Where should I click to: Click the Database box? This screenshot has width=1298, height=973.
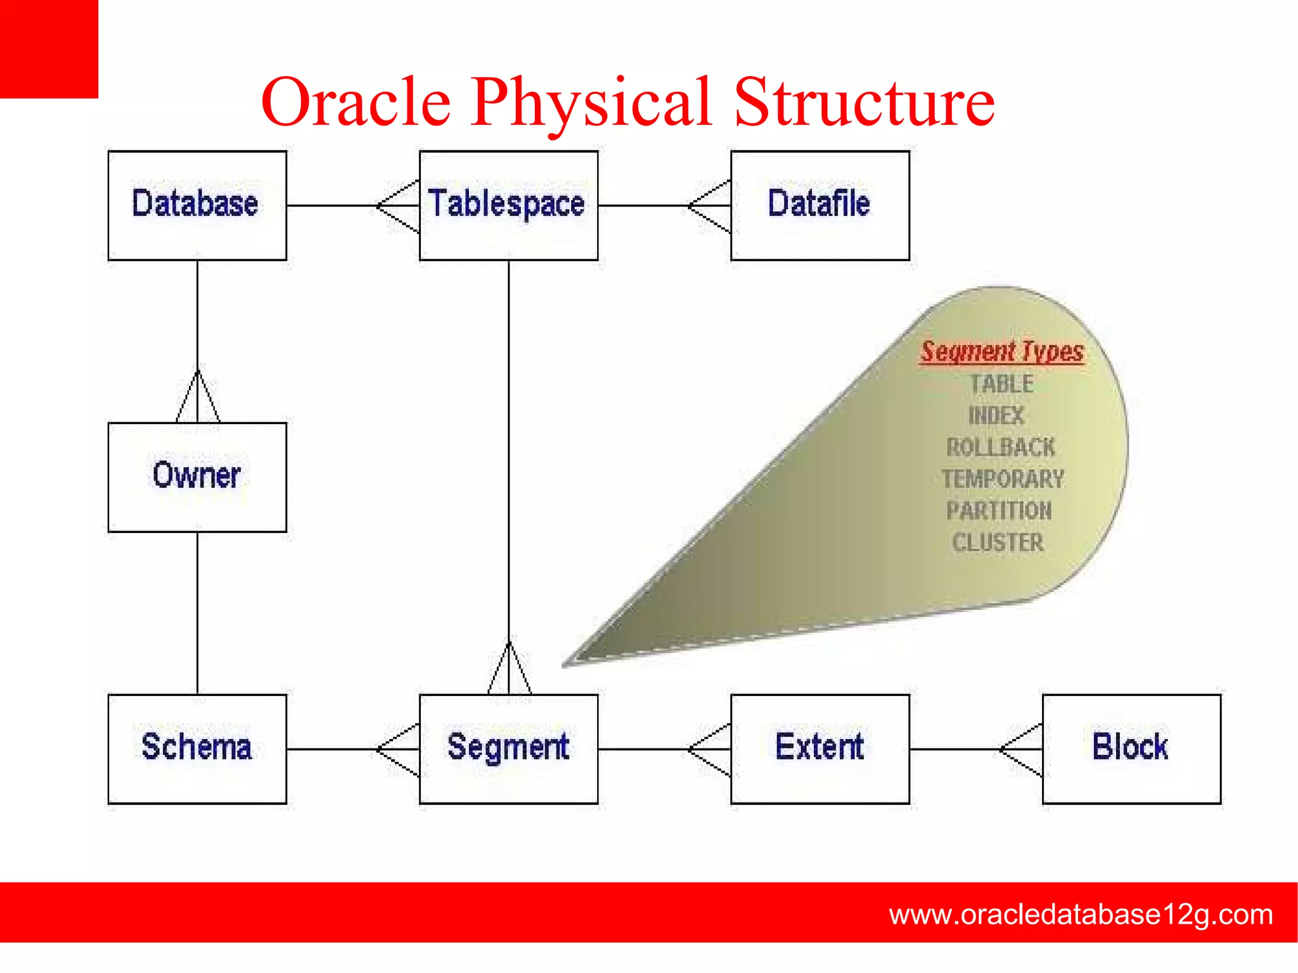(197, 205)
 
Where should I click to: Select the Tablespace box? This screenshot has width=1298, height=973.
(508, 205)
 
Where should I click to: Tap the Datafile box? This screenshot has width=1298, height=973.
(819, 205)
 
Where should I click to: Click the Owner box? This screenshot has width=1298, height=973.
(197, 477)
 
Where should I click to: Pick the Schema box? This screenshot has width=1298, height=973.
(197, 749)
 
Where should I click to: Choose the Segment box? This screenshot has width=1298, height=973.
(508, 749)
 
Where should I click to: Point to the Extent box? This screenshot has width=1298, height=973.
(819, 749)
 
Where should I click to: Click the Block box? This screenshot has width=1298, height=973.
(1131, 749)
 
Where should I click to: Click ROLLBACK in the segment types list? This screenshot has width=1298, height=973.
(1001, 448)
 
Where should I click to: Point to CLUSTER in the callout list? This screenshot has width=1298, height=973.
(998, 543)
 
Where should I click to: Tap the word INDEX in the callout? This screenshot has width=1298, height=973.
(996, 416)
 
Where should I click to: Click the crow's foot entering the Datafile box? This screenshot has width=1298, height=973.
(710, 206)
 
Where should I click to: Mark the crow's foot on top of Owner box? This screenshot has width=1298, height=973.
(198, 397)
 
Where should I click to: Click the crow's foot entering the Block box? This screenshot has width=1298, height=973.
(1021, 749)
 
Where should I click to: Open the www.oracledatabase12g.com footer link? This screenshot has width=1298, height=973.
(1081, 915)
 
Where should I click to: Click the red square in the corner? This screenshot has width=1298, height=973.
(49, 49)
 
